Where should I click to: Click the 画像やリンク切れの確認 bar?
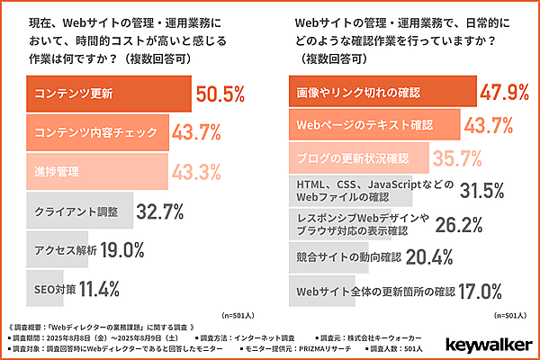click(369, 93)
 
